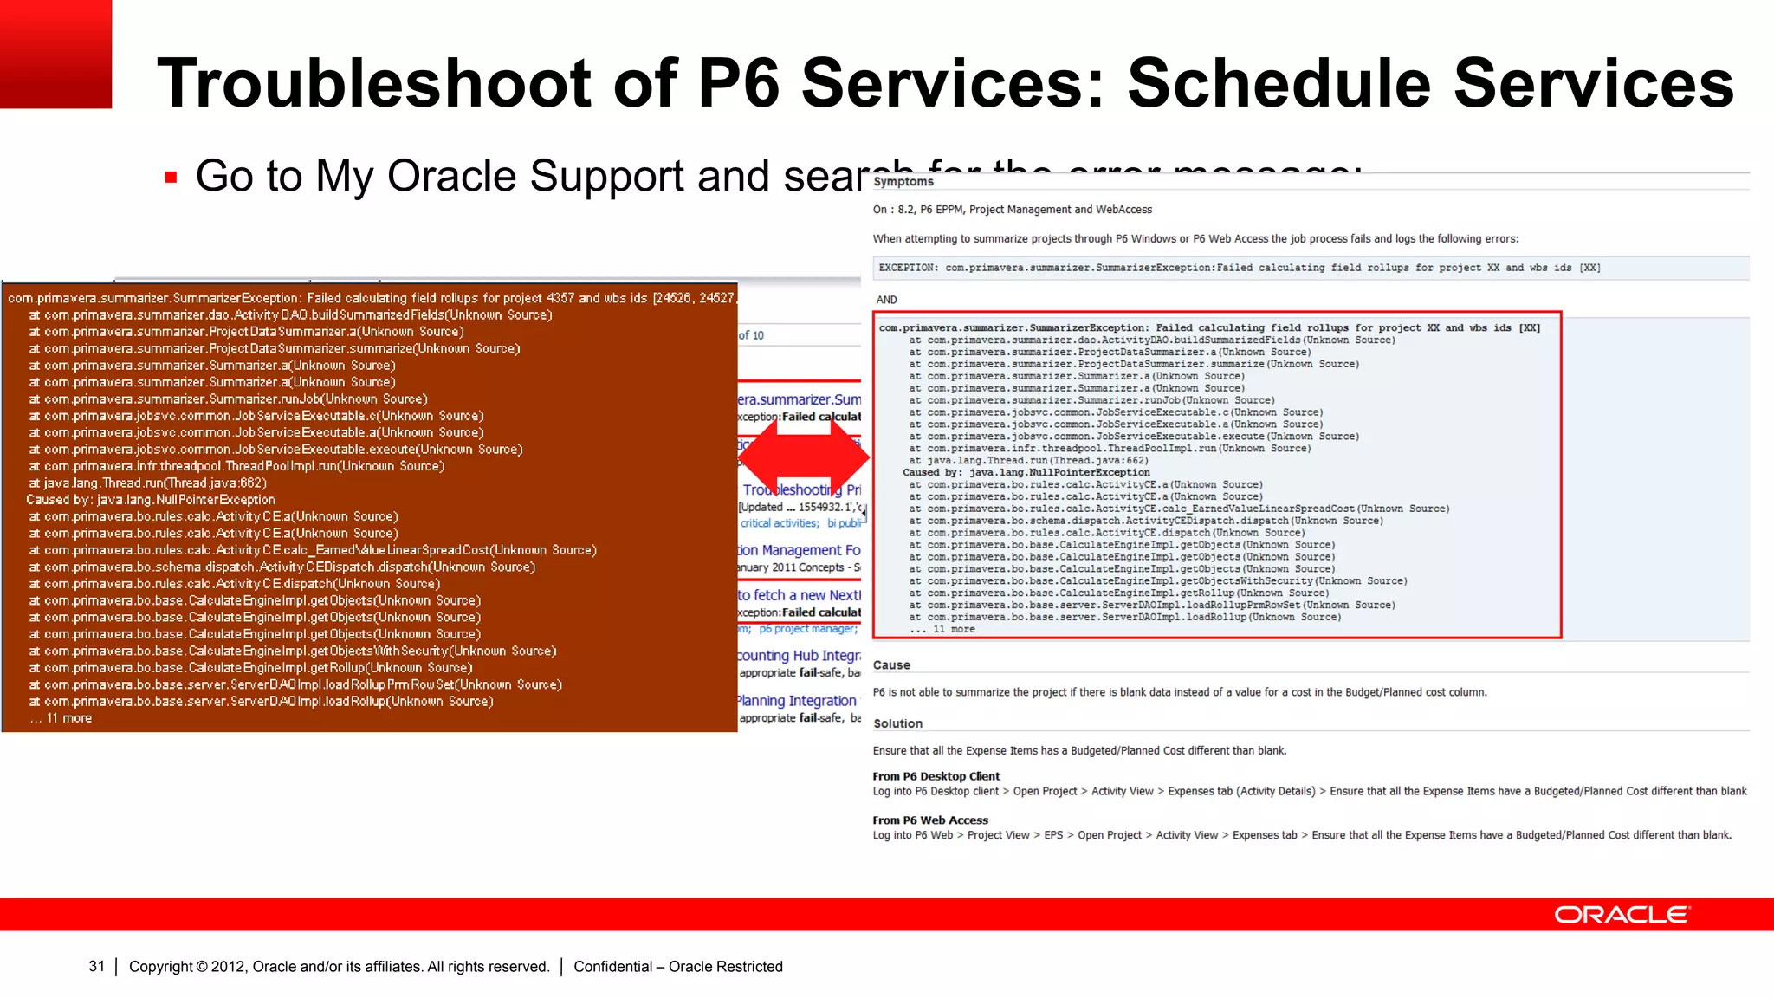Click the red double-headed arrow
click(x=804, y=457)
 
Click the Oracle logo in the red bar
click(x=1622, y=915)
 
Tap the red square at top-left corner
click(x=55, y=54)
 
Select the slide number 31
click(x=96, y=966)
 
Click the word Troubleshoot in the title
click(x=374, y=83)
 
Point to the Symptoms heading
click(x=903, y=182)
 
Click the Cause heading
click(x=891, y=665)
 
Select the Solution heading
click(x=897, y=723)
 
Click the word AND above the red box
click(x=886, y=300)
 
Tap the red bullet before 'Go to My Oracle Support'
click(x=171, y=178)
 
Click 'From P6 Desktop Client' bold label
click(x=936, y=776)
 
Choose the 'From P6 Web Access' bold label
click(x=929, y=820)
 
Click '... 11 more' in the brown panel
click(x=62, y=718)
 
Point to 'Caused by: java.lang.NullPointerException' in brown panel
click(x=151, y=500)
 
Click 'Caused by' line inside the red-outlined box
click(x=1026, y=472)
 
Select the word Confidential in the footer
click(x=612, y=966)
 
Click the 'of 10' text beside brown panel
click(x=751, y=335)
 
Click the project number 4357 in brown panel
click(x=560, y=298)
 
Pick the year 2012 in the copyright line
click(x=228, y=966)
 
